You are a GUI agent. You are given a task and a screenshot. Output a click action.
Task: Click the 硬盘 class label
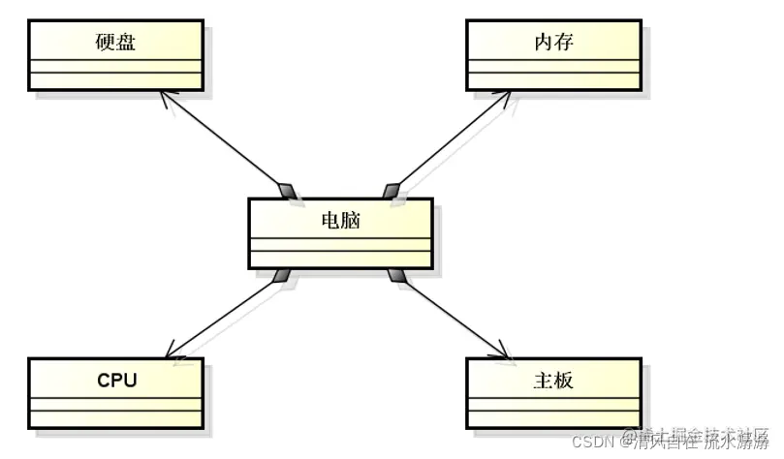pyautogui.click(x=115, y=43)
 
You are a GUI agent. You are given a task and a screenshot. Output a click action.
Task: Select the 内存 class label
pyautogui.click(x=552, y=43)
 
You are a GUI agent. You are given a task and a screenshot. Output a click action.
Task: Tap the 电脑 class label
pyautogui.click(x=339, y=220)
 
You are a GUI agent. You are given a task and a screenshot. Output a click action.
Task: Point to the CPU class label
pyautogui.click(x=116, y=380)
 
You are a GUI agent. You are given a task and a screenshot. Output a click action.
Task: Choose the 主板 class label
pyautogui.click(x=553, y=380)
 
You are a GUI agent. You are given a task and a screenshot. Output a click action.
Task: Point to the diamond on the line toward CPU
pyautogui.click(x=283, y=277)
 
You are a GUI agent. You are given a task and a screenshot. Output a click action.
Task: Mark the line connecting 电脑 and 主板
pyautogui.click(x=450, y=315)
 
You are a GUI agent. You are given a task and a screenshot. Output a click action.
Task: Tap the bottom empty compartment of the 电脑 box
pyautogui.click(x=339, y=257)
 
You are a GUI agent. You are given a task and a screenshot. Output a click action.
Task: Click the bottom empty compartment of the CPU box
pyautogui.click(x=116, y=417)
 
